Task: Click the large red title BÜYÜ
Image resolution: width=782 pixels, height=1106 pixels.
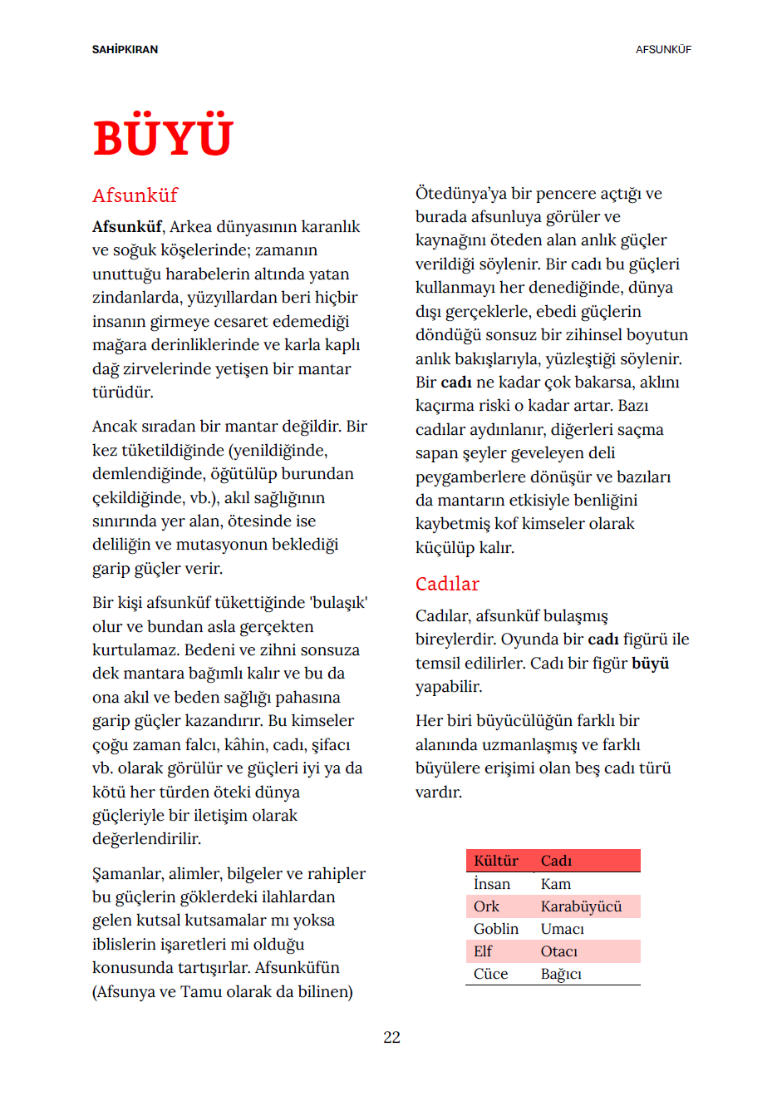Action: pos(163,137)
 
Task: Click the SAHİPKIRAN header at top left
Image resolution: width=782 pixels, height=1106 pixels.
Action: pos(125,50)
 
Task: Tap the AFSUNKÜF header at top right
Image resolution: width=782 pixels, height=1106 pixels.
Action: pos(663,50)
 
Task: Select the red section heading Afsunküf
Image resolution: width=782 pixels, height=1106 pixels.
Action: pos(135,195)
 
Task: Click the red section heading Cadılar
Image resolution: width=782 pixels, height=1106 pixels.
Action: pos(447,584)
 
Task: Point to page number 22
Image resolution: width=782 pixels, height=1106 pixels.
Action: pos(391,1037)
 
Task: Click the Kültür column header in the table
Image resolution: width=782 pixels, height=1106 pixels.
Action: pos(495,861)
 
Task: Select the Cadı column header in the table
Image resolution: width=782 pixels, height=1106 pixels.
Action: pos(556,861)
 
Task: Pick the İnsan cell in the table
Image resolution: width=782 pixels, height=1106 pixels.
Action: pos(492,884)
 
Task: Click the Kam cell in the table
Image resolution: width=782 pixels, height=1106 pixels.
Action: pos(556,884)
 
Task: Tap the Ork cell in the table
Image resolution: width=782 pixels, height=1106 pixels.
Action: pos(486,906)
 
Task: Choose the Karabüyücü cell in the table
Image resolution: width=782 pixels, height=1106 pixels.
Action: pos(581,906)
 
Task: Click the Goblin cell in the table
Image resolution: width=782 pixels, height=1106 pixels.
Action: pos(495,929)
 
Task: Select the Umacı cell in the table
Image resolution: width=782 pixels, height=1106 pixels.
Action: pos(563,929)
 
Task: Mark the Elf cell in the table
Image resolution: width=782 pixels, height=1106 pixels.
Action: pos(483,951)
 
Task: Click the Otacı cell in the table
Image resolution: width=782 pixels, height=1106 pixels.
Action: pos(559,951)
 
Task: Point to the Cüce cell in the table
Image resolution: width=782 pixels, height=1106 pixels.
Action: pos(490,974)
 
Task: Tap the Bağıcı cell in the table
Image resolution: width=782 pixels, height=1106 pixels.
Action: pos(561,974)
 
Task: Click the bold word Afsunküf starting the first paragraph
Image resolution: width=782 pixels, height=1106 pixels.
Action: pos(127,227)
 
